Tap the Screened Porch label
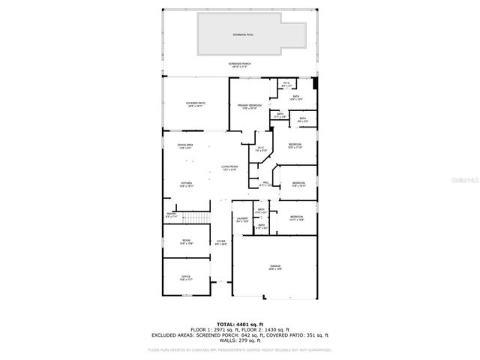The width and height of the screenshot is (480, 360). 240,64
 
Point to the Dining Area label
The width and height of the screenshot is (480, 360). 185,145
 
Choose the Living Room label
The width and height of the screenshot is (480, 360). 229,166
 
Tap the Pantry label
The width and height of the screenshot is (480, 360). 172,214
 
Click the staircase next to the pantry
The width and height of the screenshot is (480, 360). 196,217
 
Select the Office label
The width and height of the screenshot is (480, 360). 185,277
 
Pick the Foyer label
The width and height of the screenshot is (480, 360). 220,241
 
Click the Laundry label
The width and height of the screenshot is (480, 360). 242,219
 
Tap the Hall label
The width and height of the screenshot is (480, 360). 265,182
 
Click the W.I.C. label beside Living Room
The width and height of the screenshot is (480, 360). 261,148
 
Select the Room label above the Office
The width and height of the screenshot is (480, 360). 185,241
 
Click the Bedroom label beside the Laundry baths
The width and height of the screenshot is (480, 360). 296,217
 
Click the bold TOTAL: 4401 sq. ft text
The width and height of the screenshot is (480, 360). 239,323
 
